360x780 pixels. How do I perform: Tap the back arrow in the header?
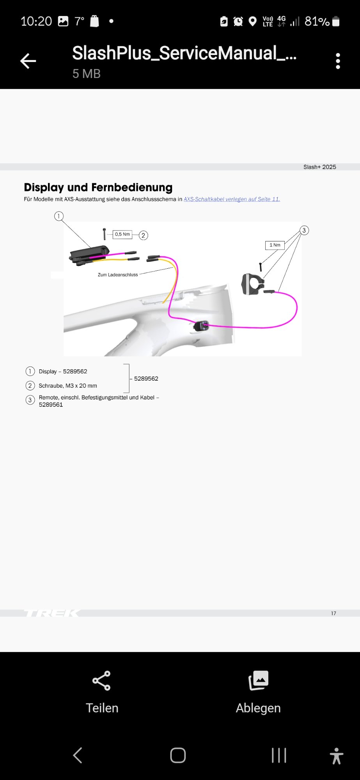28,61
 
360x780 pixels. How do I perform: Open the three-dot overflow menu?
338,61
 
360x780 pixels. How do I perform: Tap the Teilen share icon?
101,681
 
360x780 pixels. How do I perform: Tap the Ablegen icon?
258,681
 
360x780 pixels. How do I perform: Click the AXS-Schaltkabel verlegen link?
232,199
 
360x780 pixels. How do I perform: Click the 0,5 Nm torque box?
122,234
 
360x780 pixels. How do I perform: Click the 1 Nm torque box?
275,245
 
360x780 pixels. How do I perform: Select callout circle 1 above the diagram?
59,216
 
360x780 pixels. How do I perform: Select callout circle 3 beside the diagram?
304,230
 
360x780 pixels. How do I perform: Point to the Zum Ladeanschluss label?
118,275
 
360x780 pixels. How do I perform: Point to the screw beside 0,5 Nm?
104,234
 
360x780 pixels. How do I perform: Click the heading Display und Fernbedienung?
98,188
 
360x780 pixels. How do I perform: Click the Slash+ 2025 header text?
320,167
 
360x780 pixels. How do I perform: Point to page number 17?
333,613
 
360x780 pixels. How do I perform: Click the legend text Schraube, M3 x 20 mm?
68,386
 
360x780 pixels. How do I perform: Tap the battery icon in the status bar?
336,21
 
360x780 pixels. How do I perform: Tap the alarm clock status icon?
238,21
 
